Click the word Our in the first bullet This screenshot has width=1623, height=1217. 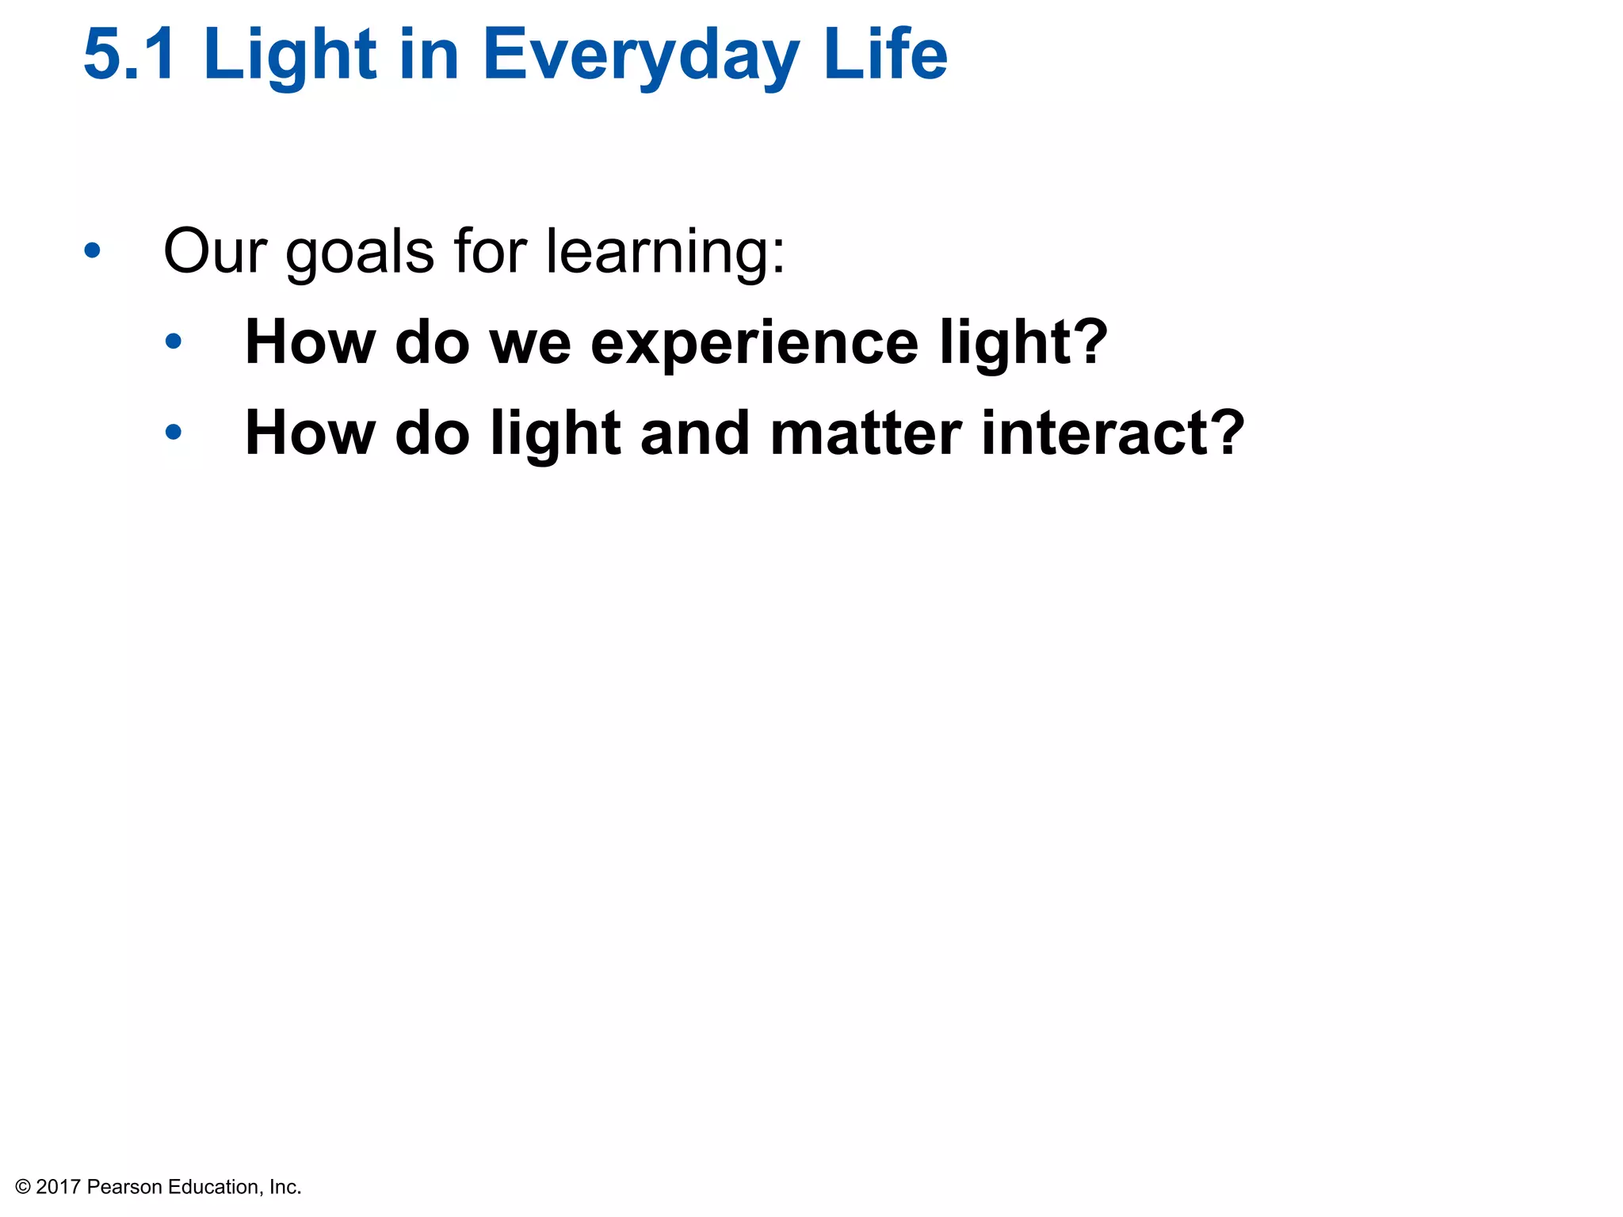[x=215, y=251]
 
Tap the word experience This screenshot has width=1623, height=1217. [x=754, y=345]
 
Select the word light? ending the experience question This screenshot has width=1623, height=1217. [x=1023, y=343]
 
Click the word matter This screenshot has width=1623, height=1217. [x=865, y=433]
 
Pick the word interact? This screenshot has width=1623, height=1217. [x=1113, y=433]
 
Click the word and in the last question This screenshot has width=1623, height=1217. [x=695, y=433]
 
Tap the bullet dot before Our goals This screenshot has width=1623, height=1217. [x=93, y=251]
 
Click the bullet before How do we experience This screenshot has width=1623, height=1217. [x=174, y=342]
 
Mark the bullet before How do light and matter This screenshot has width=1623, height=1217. [x=174, y=433]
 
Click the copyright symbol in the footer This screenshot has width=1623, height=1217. [x=23, y=1187]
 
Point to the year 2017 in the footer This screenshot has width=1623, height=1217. [x=58, y=1187]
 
